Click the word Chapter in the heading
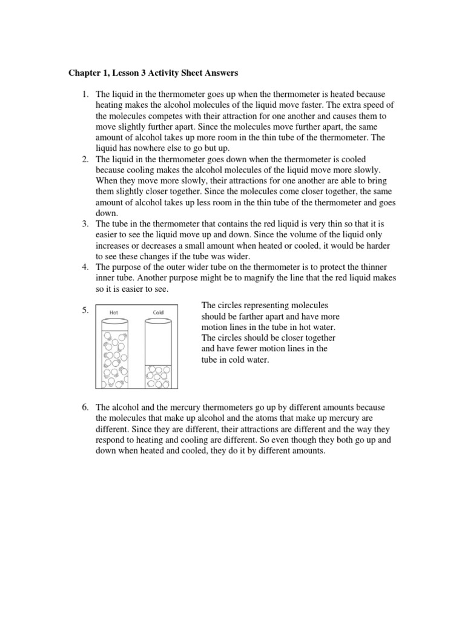84,73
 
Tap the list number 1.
85,94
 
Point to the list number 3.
85,224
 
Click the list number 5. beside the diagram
85,311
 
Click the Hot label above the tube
114,312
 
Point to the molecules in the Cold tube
157,375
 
